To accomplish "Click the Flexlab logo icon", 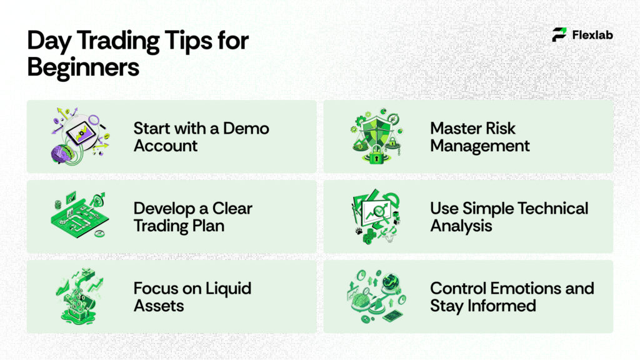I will [559, 35].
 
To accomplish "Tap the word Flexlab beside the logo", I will [592, 35].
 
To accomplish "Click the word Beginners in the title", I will [83, 67].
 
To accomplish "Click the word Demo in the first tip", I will [246, 129].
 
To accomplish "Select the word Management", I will [480, 146].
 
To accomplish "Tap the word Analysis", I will [461, 226].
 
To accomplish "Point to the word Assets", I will [159, 306].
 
